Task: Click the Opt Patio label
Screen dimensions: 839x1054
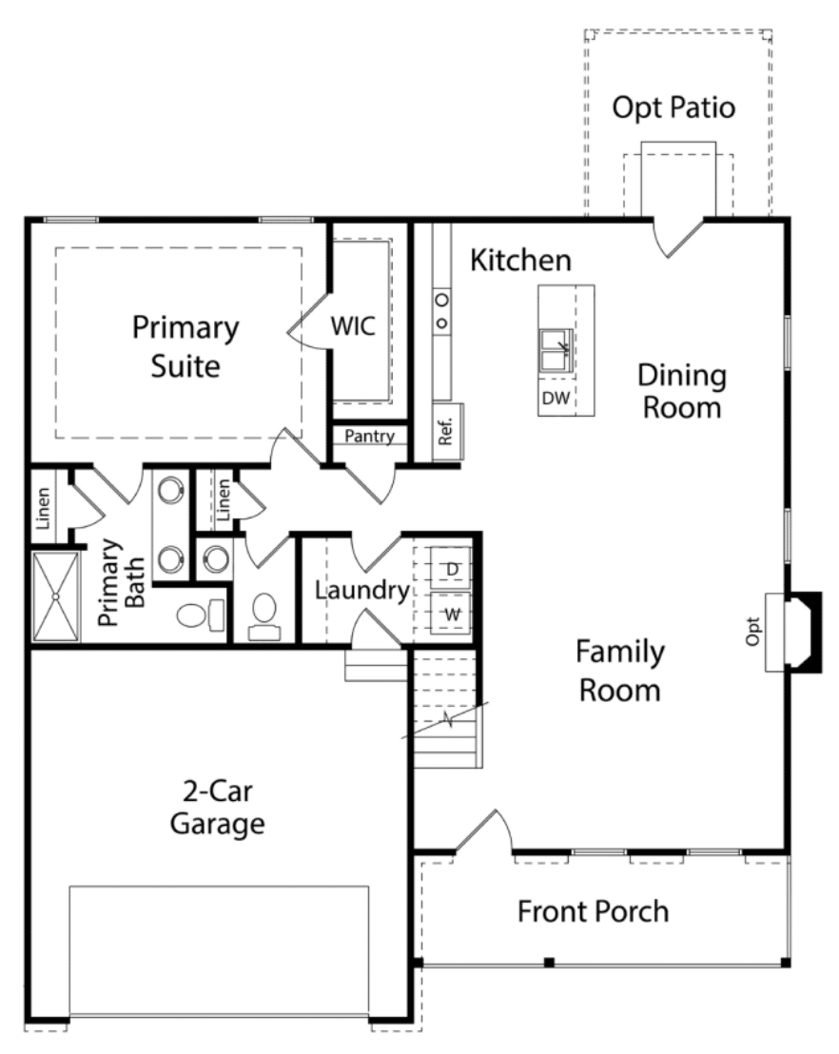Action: [673, 107]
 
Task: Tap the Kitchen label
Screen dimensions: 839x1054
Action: [521, 260]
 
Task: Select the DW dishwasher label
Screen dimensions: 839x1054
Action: [556, 398]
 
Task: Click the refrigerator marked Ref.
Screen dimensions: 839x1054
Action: [447, 432]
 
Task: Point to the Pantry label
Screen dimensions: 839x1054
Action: [369, 437]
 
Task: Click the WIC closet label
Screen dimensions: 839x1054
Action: [353, 326]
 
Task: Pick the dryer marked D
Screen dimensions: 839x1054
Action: [451, 569]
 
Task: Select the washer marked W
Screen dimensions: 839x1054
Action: [451, 613]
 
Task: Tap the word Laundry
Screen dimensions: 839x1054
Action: [362, 590]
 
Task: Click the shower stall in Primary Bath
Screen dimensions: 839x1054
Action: [56, 596]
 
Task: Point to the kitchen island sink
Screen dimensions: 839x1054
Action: [556, 350]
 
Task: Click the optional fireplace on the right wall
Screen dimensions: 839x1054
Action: [793, 632]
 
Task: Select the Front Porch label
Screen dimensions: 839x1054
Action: [593, 911]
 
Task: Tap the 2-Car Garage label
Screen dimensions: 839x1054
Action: [217, 808]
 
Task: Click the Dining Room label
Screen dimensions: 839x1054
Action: [682, 391]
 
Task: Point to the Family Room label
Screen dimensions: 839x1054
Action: [620, 671]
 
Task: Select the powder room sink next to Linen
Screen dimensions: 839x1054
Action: [216, 558]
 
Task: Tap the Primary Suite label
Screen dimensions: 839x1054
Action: [185, 347]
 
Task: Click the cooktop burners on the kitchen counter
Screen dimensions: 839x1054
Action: [441, 310]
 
